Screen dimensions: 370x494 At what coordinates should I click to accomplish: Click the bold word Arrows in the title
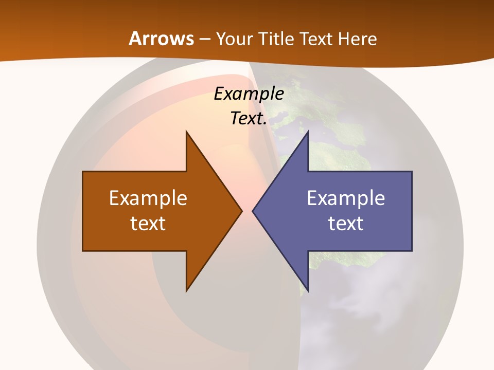click(x=162, y=39)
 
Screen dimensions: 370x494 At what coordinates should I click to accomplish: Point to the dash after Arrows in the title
click(x=204, y=40)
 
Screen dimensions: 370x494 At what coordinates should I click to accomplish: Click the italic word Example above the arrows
click(x=249, y=94)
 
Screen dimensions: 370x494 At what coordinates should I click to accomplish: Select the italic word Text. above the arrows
click(x=249, y=119)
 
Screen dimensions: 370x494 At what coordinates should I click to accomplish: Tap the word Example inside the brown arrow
click(x=148, y=198)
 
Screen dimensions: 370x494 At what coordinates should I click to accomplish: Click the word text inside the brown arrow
click(x=148, y=223)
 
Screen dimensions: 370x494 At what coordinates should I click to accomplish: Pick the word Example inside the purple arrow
click(x=346, y=198)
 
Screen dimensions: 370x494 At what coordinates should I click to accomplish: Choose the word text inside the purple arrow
click(x=346, y=223)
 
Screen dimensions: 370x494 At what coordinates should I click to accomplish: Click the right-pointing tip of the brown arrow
click(x=241, y=211)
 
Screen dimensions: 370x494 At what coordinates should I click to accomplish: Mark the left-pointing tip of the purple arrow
click(x=253, y=211)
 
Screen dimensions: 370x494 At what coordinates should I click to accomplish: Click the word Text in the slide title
click(x=317, y=39)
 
